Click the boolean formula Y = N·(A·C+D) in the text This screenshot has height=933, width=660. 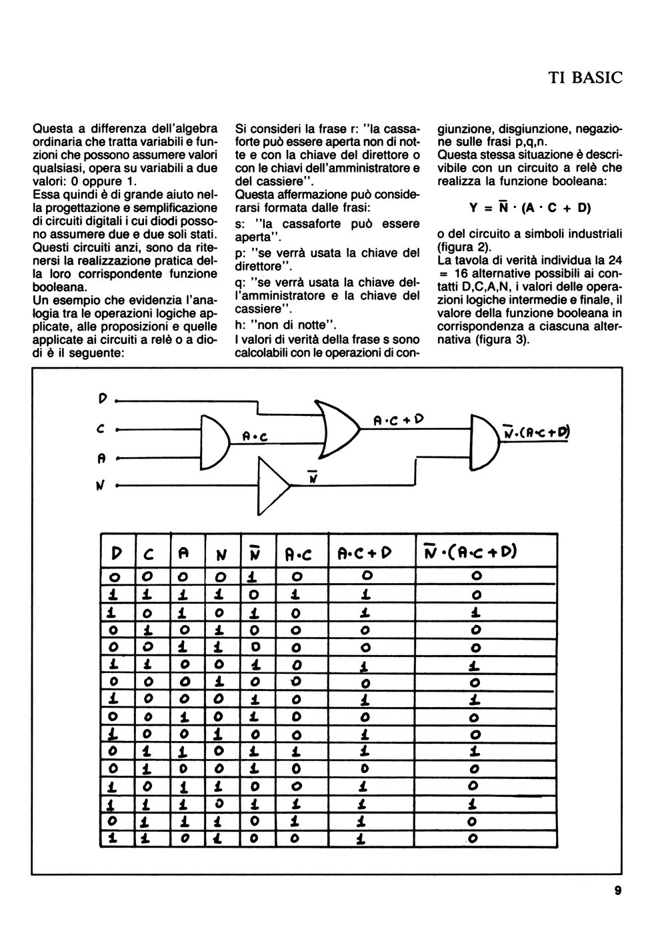click(x=530, y=207)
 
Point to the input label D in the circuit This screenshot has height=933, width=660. click(x=103, y=400)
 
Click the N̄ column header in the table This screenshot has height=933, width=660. click(x=254, y=552)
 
